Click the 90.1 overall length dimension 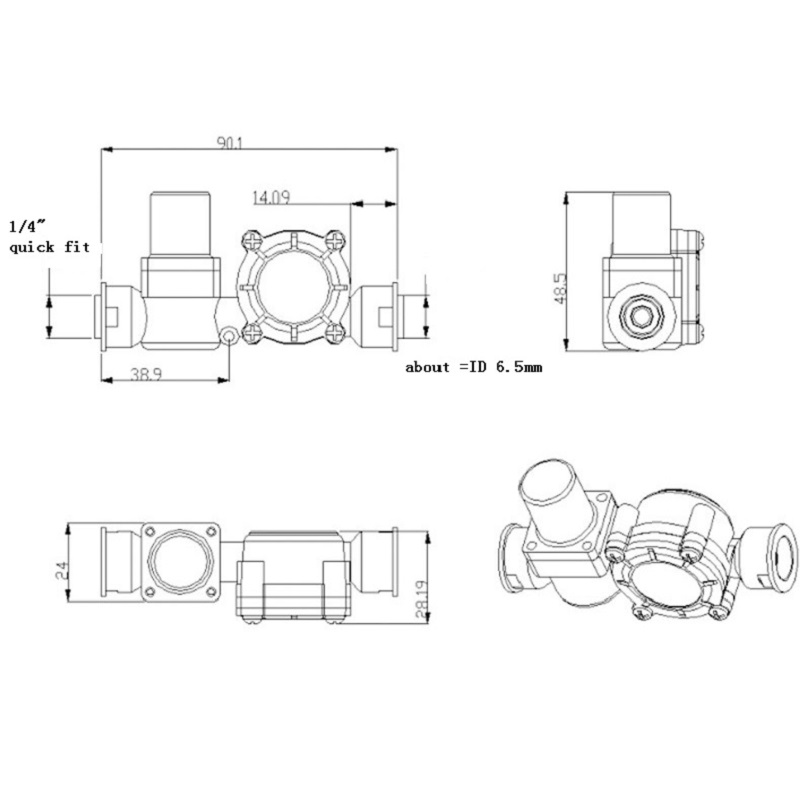pos(229,143)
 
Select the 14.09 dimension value pos(271,197)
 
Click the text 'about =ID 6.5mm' pos(473,367)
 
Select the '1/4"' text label pos(27,225)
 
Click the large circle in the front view pos(293,288)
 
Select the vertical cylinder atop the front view pos(181,224)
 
